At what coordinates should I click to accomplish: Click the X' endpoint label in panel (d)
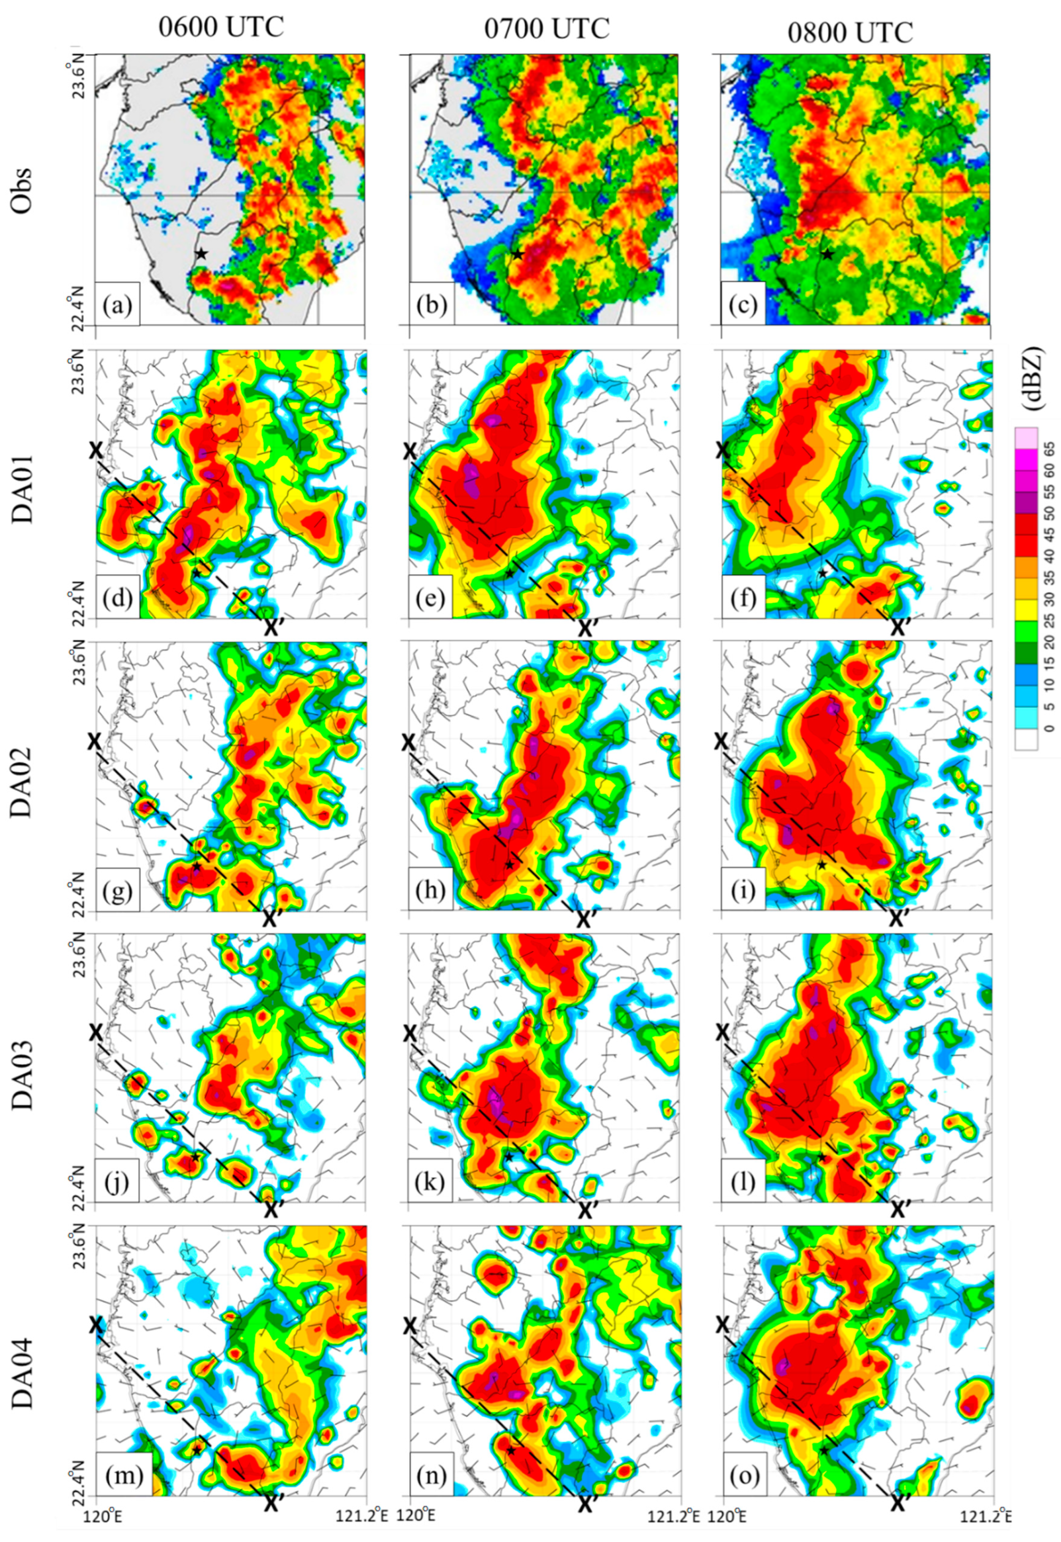tap(275, 628)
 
